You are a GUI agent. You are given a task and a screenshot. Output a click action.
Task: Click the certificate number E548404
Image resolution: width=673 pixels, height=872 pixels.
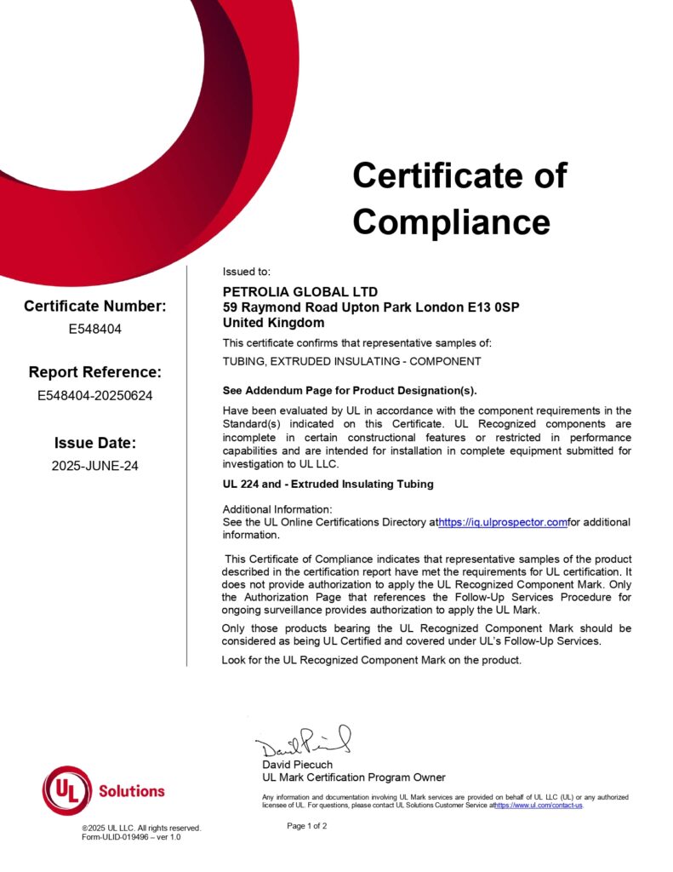pos(94,329)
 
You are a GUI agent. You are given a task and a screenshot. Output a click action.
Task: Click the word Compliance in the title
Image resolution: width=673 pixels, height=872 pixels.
pos(451,222)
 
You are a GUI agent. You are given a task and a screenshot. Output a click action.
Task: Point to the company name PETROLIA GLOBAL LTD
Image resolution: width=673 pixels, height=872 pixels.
pos(299,292)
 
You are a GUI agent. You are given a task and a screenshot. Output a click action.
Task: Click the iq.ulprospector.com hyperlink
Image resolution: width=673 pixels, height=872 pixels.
pos(503,522)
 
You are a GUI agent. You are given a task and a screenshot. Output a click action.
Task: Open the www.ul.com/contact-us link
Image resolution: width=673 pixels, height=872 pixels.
pos(539,805)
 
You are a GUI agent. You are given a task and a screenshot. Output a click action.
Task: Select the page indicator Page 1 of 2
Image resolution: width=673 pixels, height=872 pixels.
pos(306,826)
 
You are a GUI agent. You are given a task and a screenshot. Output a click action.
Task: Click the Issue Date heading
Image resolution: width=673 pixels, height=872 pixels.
pos(94,443)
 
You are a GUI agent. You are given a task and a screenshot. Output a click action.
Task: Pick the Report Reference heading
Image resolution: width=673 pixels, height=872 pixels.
pos(94,372)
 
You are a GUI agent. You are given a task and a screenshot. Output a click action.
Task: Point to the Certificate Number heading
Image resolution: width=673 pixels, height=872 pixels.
pos(94,307)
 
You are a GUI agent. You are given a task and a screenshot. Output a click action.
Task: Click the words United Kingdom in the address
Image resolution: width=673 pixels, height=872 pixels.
pos(273,323)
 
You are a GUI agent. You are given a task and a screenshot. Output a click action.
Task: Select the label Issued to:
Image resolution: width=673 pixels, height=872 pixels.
pos(246,272)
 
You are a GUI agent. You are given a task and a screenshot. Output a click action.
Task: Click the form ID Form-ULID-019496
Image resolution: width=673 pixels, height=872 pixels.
pos(126,837)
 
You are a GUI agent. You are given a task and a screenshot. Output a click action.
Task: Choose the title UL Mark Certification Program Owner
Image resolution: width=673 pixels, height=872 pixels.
pos(353,777)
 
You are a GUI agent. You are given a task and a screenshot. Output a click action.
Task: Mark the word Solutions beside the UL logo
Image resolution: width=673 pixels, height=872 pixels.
pos(132,791)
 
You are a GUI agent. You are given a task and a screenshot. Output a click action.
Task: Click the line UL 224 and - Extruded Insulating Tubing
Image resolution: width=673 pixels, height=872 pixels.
pos(328,484)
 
